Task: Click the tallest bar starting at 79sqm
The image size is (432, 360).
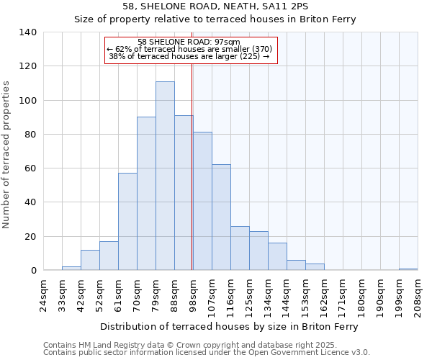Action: (x=165, y=176)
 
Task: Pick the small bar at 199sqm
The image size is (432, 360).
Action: (x=408, y=269)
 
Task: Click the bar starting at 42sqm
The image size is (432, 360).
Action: (x=90, y=260)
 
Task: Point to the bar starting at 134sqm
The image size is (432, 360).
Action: (x=277, y=256)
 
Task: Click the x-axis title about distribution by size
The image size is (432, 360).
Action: (x=229, y=326)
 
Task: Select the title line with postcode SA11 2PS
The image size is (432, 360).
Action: (x=215, y=6)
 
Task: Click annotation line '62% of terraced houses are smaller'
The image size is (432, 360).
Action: (x=189, y=49)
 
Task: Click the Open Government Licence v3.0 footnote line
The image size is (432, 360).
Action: (x=207, y=353)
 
